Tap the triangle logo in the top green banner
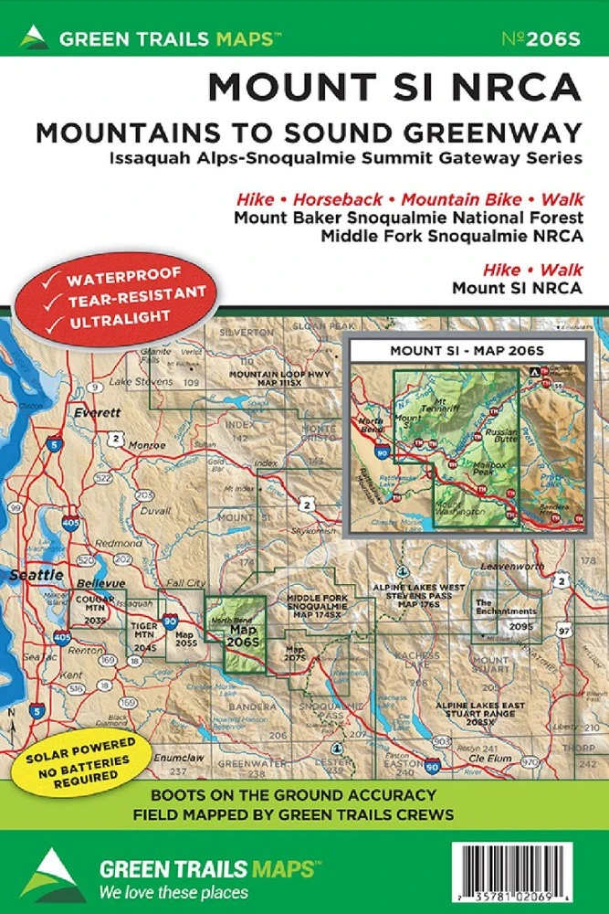(34, 37)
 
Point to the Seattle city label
(36, 575)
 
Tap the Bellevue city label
(100, 582)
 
